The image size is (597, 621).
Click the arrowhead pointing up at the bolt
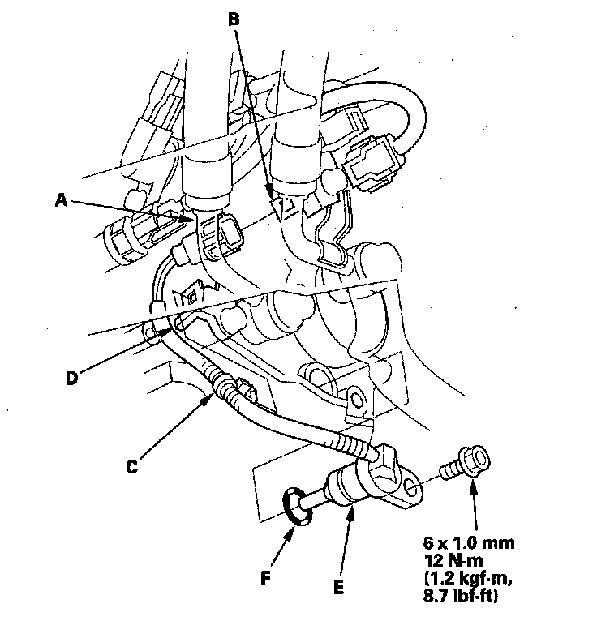tap(472, 484)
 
